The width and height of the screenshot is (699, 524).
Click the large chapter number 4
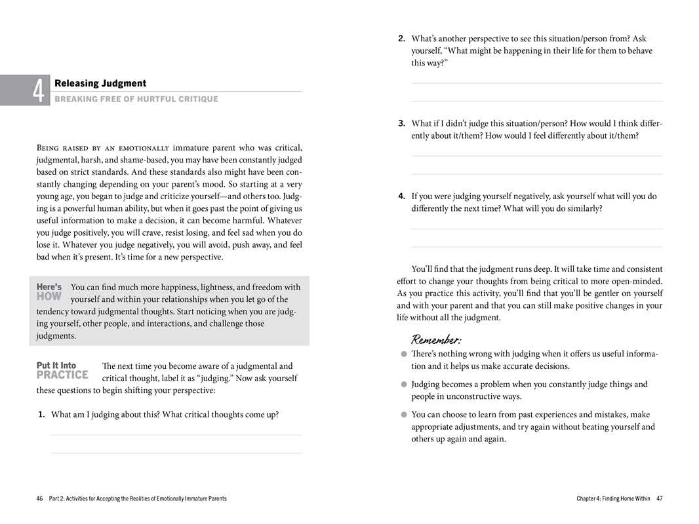[x=40, y=91]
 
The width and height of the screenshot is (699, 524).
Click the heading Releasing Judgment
[x=100, y=83]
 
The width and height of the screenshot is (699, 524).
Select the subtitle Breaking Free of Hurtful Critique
[x=136, y=99]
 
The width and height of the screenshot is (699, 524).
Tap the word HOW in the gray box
[x=49, y=297]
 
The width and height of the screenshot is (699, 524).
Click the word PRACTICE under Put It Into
[x=62, y=375]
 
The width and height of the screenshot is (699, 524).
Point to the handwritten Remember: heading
[x=436, y=339]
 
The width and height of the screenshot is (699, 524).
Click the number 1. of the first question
[x=41, y=414]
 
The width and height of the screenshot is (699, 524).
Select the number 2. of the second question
[x=401, y=39]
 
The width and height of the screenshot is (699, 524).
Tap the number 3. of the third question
[x=401, y=123]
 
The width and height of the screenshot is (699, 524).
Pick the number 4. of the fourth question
[x=401, y=196]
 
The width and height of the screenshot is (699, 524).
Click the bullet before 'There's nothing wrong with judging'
[x=405, y=354]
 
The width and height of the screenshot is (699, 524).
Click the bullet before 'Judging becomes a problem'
[x=405, y=384]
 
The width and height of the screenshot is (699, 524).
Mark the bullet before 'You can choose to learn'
[x=405, y=415]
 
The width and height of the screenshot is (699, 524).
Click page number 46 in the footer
[x=40, y=498]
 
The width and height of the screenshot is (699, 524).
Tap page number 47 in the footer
[x=659, y=498]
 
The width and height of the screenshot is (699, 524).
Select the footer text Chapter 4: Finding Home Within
[x=613, y=498]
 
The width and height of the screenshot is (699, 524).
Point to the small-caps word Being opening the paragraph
[x=49, y=148]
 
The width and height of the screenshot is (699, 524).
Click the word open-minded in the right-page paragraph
[x=631, y=282]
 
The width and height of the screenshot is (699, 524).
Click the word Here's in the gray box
[x=49, y=287]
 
